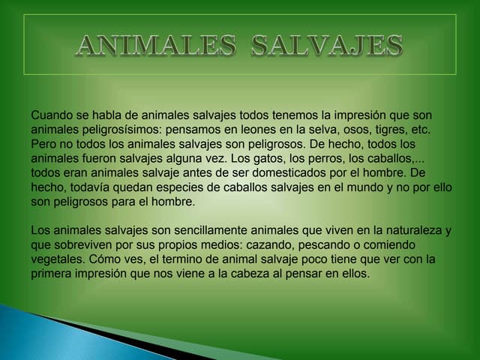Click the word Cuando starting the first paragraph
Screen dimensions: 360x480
(x=54, y=115)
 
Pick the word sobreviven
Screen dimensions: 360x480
(x=84, y=245)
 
